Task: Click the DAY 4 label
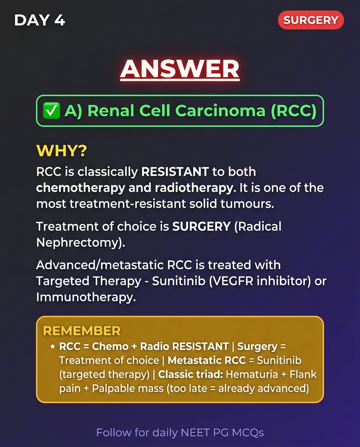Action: pos(40,20)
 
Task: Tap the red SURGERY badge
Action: pos(311,20)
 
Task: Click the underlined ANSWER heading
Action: pos(180,69)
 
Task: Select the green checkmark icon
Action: pos(51,111)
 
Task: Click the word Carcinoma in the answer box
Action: pos(220,111)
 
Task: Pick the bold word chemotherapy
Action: pos(80,188)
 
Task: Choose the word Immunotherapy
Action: pos(86,297)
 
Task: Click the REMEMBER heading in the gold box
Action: pos(82,331)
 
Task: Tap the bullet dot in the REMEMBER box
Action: pos(52,347)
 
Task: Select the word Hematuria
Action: pos(252,374)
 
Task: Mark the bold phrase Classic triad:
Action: pos(190,374)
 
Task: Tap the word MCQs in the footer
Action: pos(248,433)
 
